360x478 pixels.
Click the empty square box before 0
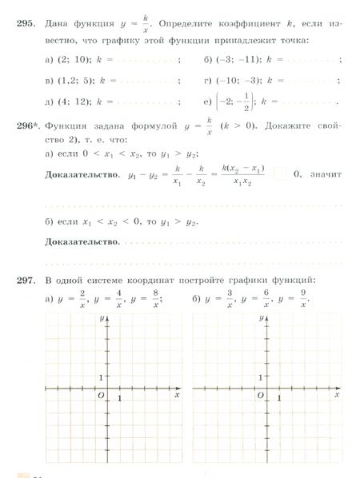point(280,173)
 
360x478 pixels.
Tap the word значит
point(327,173)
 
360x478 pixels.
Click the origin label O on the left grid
point(101,395)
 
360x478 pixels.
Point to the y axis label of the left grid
point(102,318)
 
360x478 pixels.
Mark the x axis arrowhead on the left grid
point(176,388)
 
